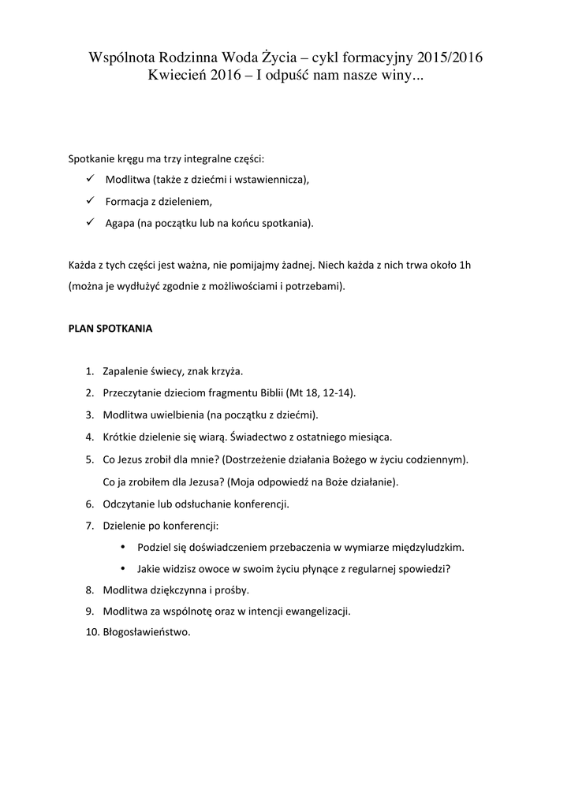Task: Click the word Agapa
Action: pyautogui.click(x=119, y=223)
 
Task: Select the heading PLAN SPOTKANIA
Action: pyautogui.click(x=110, y=329)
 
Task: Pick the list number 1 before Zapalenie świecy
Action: pyautogui.click(x=88, y=370)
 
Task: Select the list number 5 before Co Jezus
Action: pyautogui.click(x=88, y=459)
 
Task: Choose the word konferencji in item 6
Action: pyautogui.click(x=261, y=503)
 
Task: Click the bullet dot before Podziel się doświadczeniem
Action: pyautogui.click(x=122, y=546)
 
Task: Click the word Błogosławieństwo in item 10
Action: pyautogui.click(x=147, y=632)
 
